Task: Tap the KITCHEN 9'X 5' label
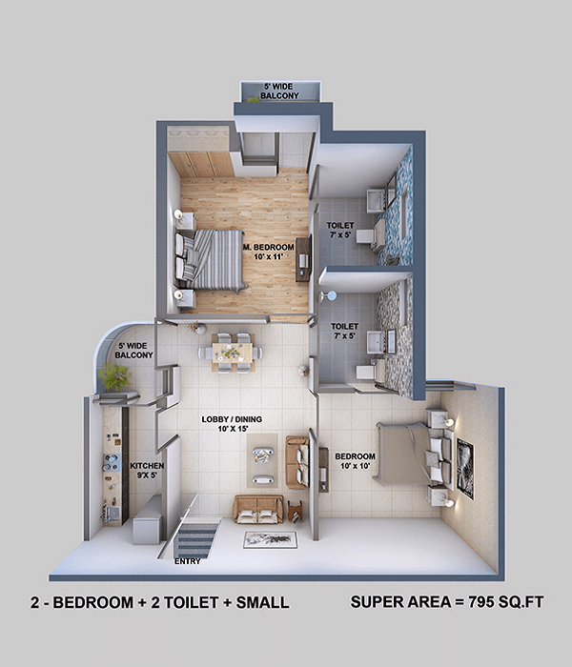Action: click(147, 471)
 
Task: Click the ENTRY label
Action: click(187, 561)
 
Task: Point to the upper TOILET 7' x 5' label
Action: click(340, 230)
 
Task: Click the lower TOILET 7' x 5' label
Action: click(345, 331)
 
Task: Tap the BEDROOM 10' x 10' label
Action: click(355, 461)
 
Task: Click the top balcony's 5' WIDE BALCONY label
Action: click(279, 91)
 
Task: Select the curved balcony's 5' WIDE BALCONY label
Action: click(133, 351)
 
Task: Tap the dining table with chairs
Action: click(232, 353)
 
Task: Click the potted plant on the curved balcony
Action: click(114, 377)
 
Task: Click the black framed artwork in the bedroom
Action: click(465, 469)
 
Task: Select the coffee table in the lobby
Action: click(262, 460)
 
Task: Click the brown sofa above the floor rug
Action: click(258, 509)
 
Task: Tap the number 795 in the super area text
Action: click(483, 602)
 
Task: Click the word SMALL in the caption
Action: click(262, 602)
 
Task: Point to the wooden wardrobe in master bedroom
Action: click(201, 164)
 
